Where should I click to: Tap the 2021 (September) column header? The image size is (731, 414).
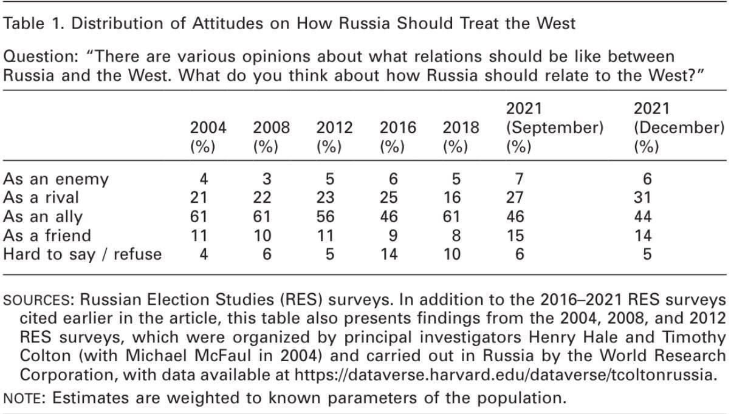tap(554, 128)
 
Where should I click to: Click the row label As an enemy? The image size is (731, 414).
tap(56, 180)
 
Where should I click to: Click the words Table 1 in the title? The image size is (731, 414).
tap(27, 24)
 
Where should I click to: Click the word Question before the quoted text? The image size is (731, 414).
tap(32, 57)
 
